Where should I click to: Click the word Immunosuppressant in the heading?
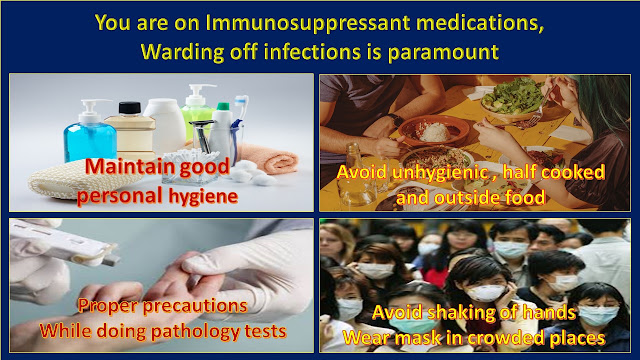pos(308,23)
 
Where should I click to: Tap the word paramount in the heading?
pos(443,53)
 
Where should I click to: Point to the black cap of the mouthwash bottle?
pos(130,108)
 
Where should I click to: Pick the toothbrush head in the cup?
pos(242,105)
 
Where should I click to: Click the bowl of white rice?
pos(433,130)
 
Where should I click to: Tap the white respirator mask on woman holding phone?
pos(485,293)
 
